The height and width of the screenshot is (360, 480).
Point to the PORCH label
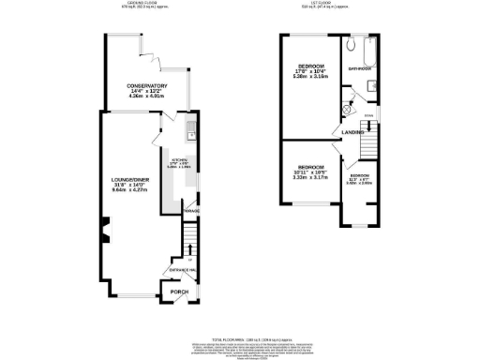tap(178, 292)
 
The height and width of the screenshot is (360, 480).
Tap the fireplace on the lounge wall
tap(105, 225)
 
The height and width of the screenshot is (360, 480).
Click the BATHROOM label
tap(361, 68)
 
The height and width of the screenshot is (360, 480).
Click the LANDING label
tap(352, 132)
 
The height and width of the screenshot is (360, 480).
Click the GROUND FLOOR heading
tap(142, 4)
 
